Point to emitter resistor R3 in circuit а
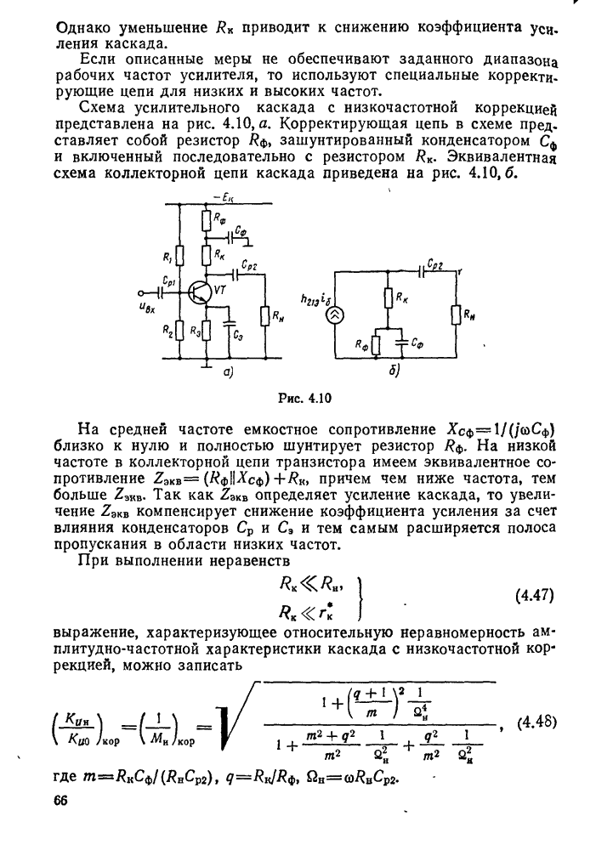coord(205,329)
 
